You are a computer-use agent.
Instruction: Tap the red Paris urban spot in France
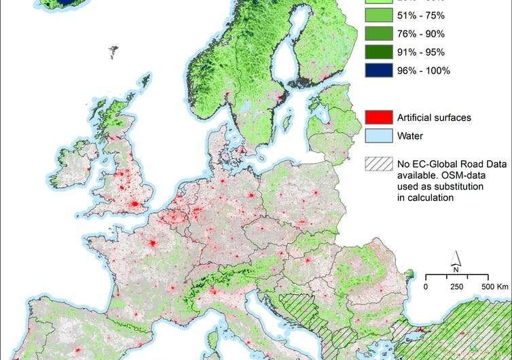point(152,244)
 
